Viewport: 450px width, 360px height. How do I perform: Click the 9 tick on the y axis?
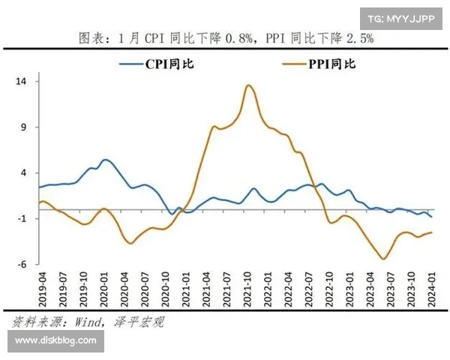click(x=23, y=127)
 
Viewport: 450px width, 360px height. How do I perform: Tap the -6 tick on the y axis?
click(x=22, y=264)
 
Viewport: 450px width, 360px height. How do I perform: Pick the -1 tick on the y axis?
click(x=22, y=218)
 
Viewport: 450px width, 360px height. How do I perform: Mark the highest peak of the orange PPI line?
click(x=249, y=85)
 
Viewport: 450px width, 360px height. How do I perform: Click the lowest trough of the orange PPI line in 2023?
click(x=384, y=259)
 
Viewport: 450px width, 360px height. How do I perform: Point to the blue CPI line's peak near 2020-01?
click(x=105, y=160)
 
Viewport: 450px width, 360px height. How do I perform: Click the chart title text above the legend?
click(x=226, y=37)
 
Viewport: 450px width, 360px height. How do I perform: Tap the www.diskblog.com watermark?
click(x=55, y=340)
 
